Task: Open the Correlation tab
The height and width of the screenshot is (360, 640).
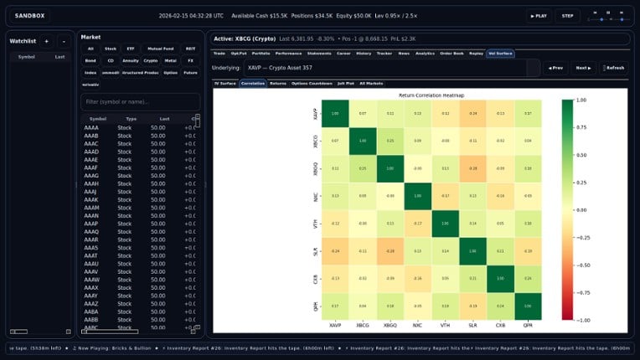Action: (x=252, y=84)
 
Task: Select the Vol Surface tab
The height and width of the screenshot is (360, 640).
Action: (x=500, y=53)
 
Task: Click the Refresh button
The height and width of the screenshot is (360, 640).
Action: (x=612, y=67)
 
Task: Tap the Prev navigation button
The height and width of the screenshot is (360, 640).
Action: (x=554, y=67)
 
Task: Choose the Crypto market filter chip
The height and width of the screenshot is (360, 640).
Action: (x=151, y=60)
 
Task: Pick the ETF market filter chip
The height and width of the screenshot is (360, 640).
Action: (x=130, y=49)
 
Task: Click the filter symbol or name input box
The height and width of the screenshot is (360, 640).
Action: (x=140, y=101)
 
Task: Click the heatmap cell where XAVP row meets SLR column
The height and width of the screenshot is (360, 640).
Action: (x=472, y=113)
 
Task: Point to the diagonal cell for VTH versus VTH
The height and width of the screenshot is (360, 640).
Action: (x=446, y=224)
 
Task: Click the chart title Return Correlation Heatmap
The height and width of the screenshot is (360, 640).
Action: (x=432, y=95)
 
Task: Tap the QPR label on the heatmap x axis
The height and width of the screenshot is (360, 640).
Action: (x=527, y=326)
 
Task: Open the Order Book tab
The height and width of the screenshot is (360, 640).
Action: (x=451, y=53)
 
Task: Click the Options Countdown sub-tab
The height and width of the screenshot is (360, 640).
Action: (x=310, y=84)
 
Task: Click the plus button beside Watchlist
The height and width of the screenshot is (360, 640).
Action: (x=46, y=40)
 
